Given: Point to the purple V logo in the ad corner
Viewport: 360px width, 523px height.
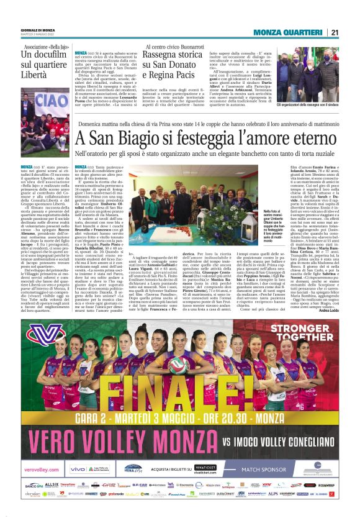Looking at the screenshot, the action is (44, 335).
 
